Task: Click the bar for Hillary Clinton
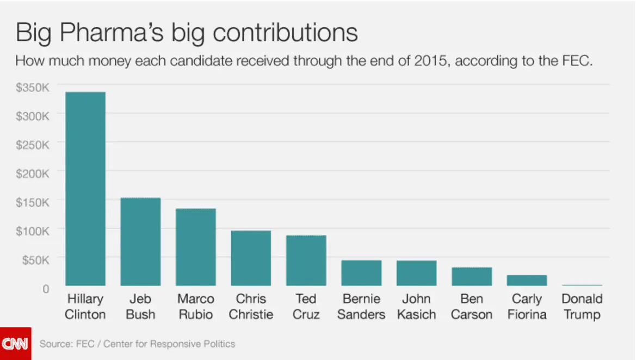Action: [85, 189]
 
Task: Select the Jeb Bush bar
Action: [140, 241]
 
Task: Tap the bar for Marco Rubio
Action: [196, 247]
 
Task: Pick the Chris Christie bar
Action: [251, 258]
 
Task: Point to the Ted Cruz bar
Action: [306, 260]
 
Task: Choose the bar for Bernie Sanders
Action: [361, 272]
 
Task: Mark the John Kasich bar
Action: [417, 272]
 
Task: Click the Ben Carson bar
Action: [472, 276]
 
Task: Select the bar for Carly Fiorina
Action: [527, 280]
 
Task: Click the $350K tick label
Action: [33, 86]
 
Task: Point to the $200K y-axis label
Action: [33, 172]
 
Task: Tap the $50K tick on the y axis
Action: [36, 259]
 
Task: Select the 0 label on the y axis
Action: [46, 288]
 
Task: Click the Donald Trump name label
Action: [582, 307]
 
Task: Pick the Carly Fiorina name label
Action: [527, 307]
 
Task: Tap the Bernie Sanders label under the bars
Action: [361, 307]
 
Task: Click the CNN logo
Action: [15, 344]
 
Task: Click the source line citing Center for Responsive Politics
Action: [137, 344]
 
